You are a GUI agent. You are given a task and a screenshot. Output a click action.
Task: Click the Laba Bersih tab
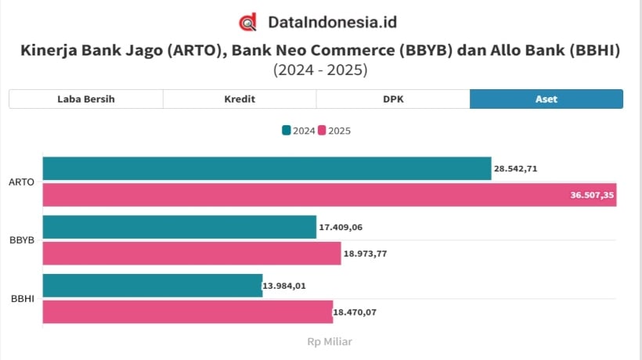tap(86, 99)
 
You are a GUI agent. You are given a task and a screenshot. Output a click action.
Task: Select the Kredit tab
tap(240, 99)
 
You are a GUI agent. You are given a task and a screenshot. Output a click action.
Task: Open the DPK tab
tap(393, 99)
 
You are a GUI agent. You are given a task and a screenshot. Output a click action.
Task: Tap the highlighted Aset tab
tap(546, 99)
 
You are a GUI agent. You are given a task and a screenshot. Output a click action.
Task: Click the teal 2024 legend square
tap(287, 131)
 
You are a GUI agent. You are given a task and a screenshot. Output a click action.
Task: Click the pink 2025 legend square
tap(322, 131)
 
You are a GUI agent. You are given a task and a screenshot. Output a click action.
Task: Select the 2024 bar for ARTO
tap(266, 168)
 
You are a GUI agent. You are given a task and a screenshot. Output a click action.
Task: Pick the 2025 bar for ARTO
tap(329, 195)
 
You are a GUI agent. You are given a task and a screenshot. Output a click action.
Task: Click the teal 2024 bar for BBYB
tap(179, 227)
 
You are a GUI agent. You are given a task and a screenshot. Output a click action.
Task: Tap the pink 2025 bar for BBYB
tap(192, 254)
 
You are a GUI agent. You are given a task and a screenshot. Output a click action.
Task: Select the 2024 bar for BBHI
tap(152, 286)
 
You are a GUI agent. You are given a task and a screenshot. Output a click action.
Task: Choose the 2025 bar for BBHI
tap(187, 312)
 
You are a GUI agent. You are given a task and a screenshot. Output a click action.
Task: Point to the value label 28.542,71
tap(515, 168)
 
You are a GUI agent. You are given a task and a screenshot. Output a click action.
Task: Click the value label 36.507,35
tap(593, 195)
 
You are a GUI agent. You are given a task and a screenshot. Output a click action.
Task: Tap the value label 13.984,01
tap(285, 286)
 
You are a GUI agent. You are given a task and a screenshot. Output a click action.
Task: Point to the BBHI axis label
tap(21, 299)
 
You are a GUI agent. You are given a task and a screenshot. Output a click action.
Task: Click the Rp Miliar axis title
tap(330, 341)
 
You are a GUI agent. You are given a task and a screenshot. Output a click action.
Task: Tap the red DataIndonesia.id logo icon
tap(248, 22)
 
